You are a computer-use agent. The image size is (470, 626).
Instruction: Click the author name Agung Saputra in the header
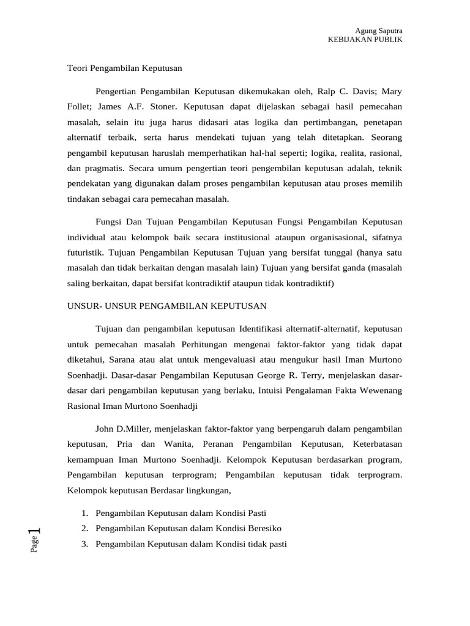click(379, 30)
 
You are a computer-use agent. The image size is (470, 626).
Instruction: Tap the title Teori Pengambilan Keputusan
click(125, 68)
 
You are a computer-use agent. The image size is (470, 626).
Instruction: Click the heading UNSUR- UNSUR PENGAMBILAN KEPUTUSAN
click(167, 306)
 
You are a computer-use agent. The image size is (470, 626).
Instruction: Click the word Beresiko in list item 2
click(261, 528)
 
